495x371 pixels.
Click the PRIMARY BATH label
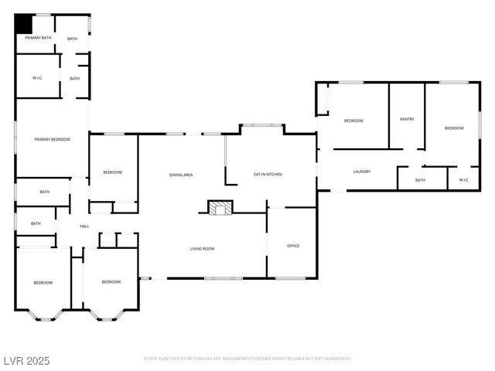click(x=38, y=37)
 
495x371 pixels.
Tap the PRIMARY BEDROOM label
click(x=53, y=139)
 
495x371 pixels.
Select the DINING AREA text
click(x=181, y=175)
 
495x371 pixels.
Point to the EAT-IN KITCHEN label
click(x=268, y=175)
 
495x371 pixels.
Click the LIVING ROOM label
click(x=203, y=248)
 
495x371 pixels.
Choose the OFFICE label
click(x=293, y=246)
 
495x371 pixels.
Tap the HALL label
click(x=84, y=226)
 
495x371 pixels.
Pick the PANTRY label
click(x=407, y=119)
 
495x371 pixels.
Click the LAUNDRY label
click(x=361, y=172)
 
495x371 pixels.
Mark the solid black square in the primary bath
click(x=24, y=23)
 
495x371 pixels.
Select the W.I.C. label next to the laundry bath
click(x=464, y=180)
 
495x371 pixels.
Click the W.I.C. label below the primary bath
click(x=37, y=78)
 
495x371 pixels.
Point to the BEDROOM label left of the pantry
click(x=353, y=121)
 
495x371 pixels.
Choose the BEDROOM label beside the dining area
click(x=112, y=172)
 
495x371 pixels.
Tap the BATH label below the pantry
click(x=420, y=180)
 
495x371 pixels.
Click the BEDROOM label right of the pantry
click(x=454, y=128)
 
